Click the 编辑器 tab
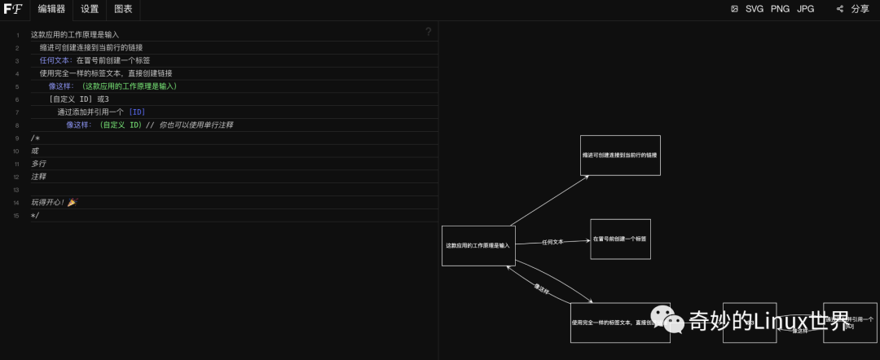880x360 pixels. coord(51,9)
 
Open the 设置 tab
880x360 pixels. coord(90,9)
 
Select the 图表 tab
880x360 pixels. coord(124,9)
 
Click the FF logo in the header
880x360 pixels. coord(12,9)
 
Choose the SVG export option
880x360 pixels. coord(755,9)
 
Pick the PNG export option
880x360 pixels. coord(780,9)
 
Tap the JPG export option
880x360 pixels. coord(805,9)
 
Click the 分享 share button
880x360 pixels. coord(853,9)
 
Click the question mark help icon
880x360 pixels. coord(429,32)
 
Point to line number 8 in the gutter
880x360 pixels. coord(17,125)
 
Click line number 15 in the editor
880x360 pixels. coord(16,216)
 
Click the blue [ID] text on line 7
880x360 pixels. coord(137,112)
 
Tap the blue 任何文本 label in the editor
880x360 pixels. coord(55,61)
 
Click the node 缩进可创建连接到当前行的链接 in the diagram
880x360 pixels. coord(620,155)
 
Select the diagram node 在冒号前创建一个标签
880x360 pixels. coord(620,239)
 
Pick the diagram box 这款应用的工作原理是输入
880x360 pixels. coord(478,245)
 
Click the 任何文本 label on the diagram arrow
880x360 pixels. coord(552,242)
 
